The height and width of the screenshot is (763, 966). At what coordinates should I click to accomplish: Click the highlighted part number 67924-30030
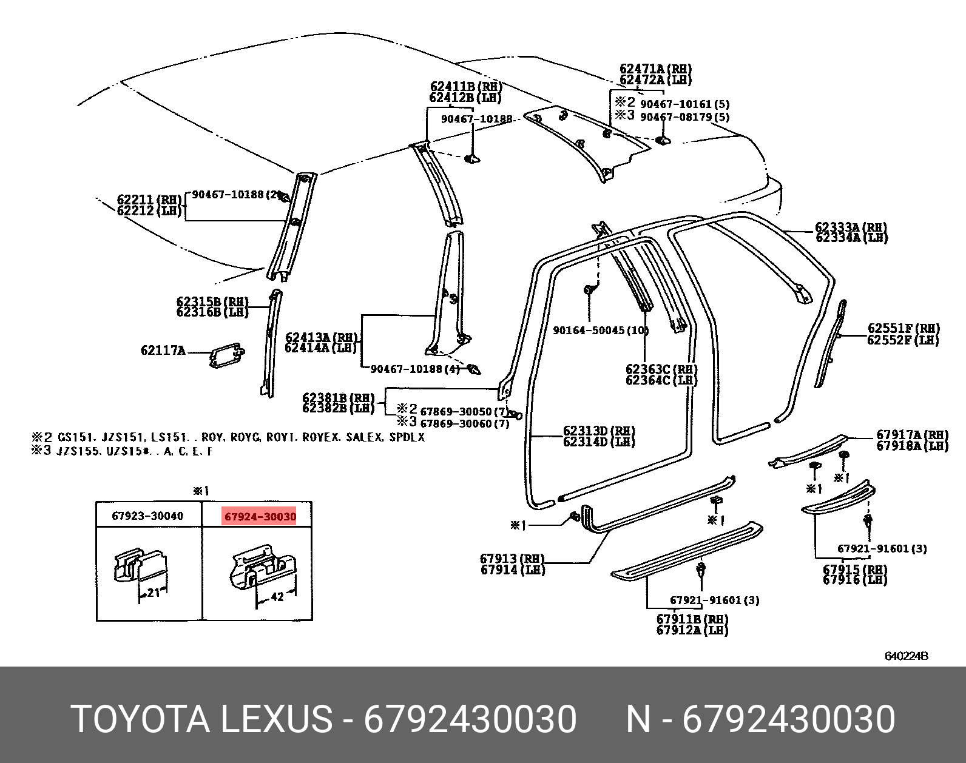260,517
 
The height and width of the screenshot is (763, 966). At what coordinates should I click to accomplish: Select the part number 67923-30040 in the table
147,516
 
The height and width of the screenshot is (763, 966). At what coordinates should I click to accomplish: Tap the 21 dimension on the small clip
153,592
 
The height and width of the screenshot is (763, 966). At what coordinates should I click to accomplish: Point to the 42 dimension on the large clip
277,597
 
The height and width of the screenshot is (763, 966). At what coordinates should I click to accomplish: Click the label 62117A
163,351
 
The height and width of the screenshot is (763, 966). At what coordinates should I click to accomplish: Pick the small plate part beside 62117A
226,355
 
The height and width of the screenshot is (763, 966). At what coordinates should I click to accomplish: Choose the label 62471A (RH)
655,69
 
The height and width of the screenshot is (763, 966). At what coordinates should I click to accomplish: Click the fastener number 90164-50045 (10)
600,331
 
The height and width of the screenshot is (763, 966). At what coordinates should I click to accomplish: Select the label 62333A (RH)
851,227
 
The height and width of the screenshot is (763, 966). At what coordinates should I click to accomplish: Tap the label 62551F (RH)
903,329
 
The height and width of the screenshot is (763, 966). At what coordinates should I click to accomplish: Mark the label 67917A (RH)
912,435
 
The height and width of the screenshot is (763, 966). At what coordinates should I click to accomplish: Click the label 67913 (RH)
512,559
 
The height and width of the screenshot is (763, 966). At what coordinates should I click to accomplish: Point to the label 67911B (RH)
692,619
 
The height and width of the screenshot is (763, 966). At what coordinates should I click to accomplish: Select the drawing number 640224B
906,656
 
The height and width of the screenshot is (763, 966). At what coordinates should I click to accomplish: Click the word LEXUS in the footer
275,719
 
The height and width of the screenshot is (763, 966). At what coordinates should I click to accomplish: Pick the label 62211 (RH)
149,200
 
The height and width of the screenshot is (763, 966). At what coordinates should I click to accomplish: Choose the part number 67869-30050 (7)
464,411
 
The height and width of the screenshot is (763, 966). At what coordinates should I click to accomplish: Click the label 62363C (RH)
661,369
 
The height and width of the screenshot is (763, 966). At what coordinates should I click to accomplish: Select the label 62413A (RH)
321,337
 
